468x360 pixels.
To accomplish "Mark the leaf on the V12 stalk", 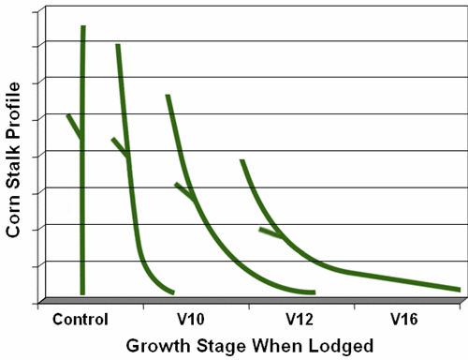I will pos(183,190).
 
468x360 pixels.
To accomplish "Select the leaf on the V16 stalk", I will pos(270,232).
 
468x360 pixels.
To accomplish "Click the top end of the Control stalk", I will pos(83,29).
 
